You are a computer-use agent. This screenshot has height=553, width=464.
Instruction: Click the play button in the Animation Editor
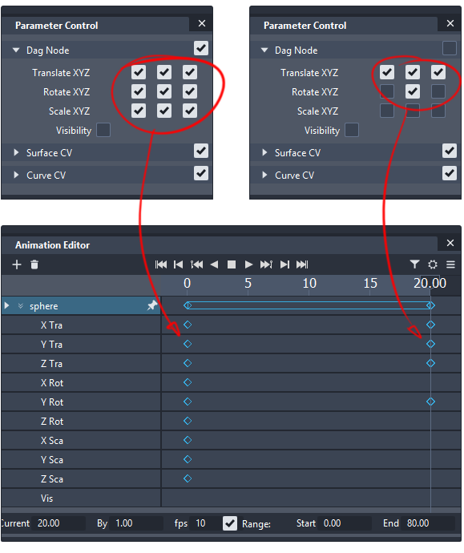[248, 264]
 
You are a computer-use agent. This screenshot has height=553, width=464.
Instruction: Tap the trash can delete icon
[34, 264]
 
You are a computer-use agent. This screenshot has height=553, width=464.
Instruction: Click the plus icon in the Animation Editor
[17, 264]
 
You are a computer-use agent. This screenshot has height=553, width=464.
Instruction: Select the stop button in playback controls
[232, 264]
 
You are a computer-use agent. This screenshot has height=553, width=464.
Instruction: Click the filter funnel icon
[414, 264]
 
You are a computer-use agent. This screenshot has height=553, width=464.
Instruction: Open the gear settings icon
[433, 264]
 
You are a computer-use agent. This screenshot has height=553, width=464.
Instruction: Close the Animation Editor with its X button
[450, 243]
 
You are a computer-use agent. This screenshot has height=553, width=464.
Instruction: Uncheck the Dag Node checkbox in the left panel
[201, 48]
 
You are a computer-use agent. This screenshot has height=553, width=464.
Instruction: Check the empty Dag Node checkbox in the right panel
[450, 48]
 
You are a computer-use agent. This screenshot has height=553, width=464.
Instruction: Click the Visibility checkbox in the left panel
[103, 130]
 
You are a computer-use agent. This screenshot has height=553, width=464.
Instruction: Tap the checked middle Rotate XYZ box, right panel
[413, 91]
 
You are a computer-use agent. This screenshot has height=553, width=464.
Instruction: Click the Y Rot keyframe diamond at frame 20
[430, 402]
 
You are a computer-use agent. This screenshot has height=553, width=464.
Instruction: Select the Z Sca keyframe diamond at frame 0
[188, 478]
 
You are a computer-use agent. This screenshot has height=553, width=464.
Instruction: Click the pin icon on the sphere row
[152, 305]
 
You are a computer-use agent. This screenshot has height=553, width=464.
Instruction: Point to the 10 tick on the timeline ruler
[309, 283]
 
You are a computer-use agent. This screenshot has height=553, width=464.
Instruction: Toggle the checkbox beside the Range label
[230, 523]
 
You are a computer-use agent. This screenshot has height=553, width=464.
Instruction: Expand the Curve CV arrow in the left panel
[16, 175]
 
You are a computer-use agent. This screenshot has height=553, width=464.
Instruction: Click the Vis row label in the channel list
[47, 499]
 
